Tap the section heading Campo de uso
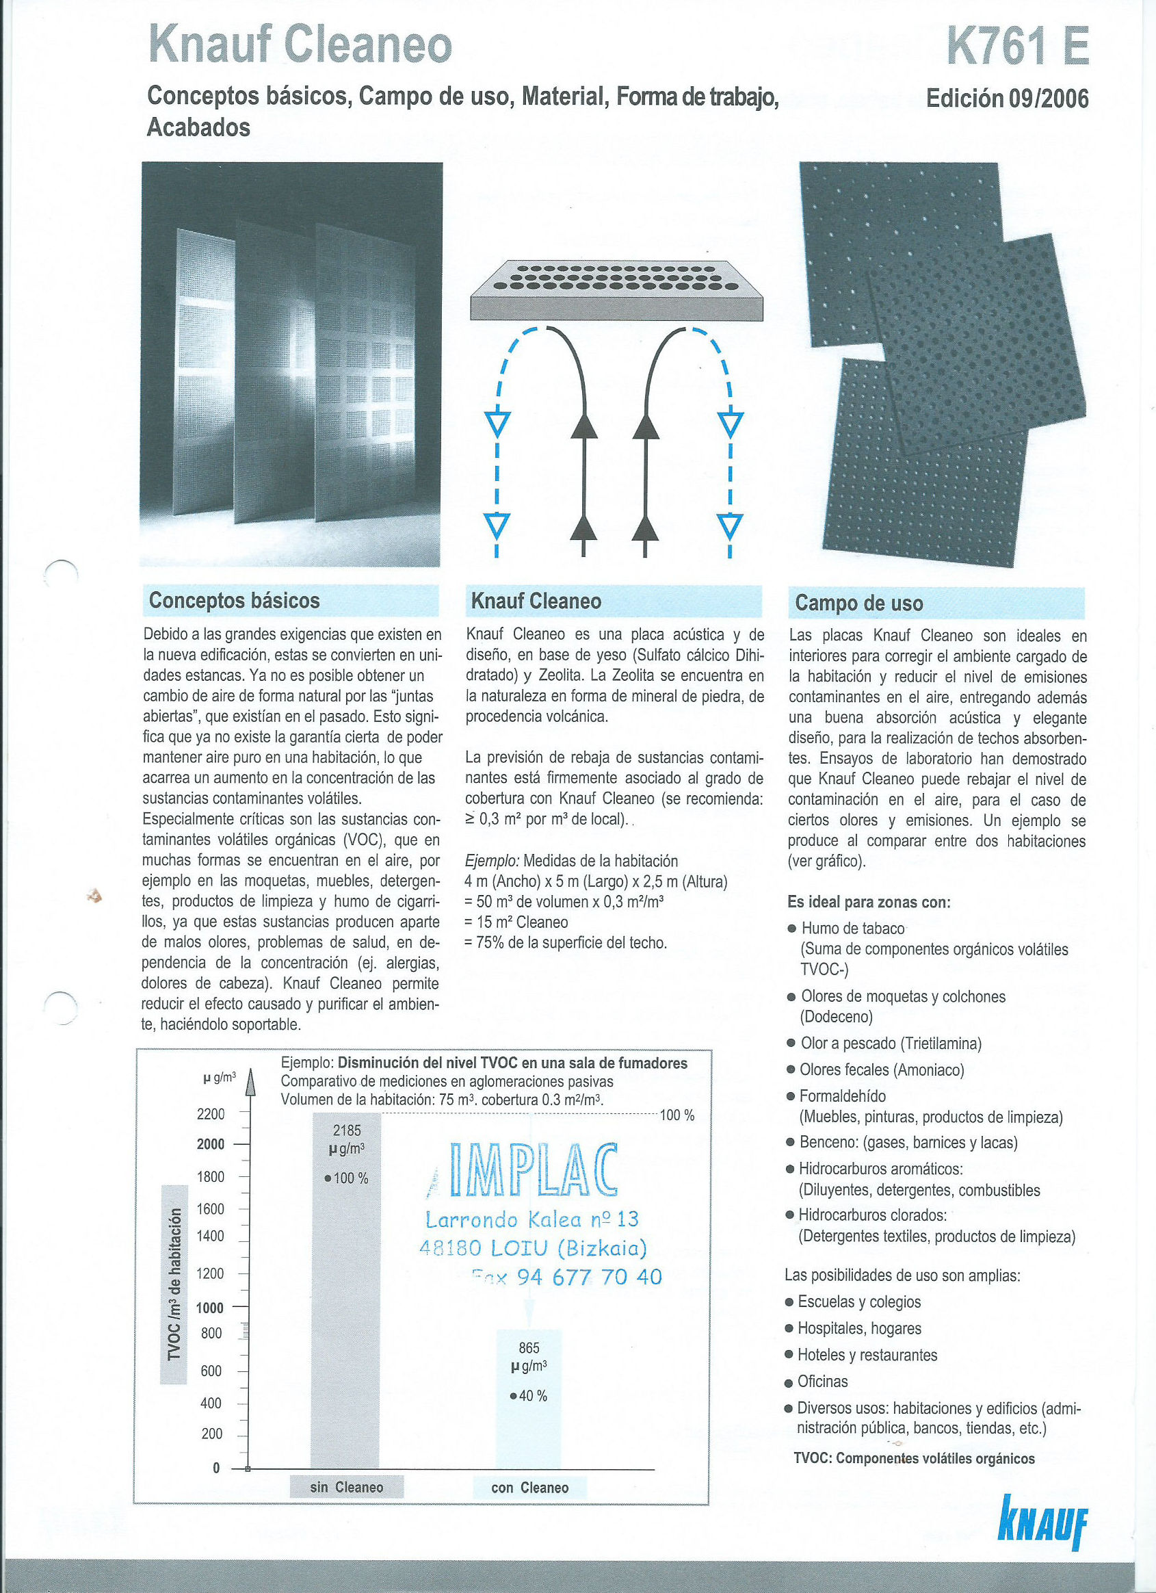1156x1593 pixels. tap(858, 604)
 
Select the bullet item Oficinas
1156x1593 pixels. tap(822, 1382)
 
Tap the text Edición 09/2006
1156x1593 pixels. tap(1007, 99)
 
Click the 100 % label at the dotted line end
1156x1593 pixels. tap(677, 1115)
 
